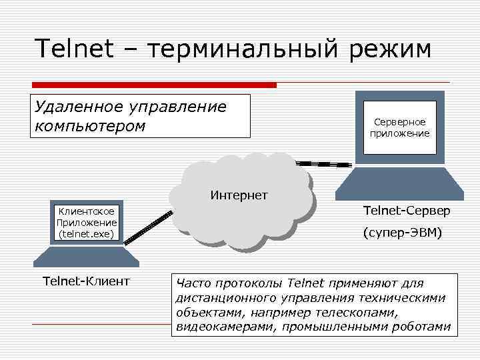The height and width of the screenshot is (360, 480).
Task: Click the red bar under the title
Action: pyautogui.click(x=153, y=85)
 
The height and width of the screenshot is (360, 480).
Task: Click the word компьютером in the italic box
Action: pyautogui.click(x=89, y=126)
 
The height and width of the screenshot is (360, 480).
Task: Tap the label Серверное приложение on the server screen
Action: pyautogui.click(x=399, y=127)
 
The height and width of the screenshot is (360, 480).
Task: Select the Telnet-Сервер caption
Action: pyautogui.click(x=407, y=211)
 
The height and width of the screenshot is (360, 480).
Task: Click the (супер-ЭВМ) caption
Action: pyautogui.click(x=403, y=233)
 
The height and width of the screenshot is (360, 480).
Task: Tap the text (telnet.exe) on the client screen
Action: pyautogui.click(x=87, y=234)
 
